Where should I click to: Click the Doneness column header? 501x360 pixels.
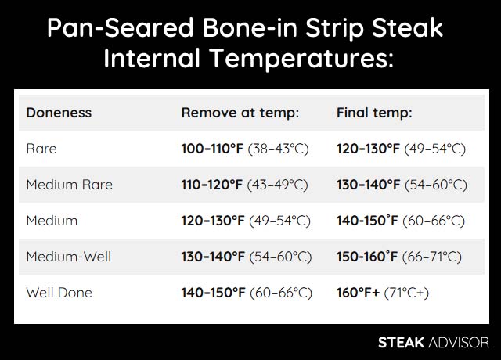59,113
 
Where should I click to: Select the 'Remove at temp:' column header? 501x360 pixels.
240,113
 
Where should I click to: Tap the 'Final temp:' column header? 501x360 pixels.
374,113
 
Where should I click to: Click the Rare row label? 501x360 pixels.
41,149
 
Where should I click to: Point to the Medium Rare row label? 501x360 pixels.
70,185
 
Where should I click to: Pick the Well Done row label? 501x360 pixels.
59,293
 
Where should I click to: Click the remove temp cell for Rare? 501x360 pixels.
247,149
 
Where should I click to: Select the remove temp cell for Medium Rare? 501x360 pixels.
247,185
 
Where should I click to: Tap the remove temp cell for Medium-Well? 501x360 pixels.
247,257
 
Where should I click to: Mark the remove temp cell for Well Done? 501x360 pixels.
247,293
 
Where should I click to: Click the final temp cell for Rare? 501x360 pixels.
402,149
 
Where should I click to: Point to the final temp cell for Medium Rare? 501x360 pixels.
402,185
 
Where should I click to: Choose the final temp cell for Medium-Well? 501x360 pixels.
399,257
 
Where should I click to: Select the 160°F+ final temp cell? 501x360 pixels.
383,293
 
